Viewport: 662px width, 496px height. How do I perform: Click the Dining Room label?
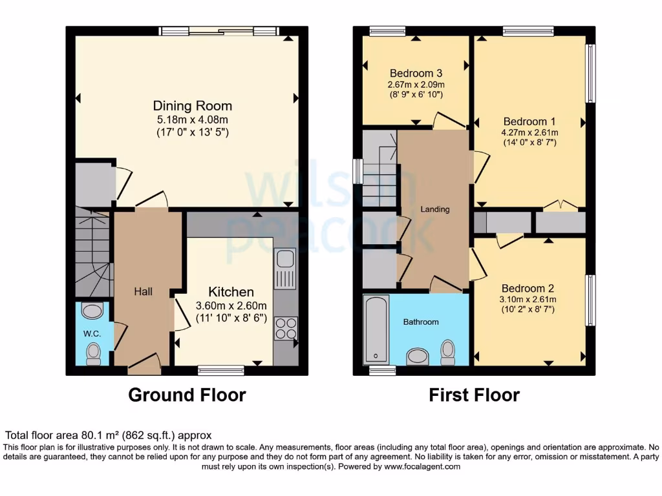point(192,106)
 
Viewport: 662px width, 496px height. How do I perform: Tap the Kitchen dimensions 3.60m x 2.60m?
point(231,306)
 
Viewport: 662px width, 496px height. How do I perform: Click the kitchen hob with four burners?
point(285,328)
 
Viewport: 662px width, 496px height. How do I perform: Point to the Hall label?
point(143,292)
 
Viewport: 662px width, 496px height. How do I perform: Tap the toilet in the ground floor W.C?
point(94,352)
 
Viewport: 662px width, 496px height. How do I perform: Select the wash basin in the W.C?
point(93,311)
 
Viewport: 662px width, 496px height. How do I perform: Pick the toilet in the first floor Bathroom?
point(447,351)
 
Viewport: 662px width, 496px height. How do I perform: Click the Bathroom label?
point(421,322)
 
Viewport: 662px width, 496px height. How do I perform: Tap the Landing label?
point(434,209)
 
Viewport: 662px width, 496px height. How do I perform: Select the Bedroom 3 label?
point(416,73)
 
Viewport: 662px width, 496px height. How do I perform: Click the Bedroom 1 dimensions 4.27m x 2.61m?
point(529,133)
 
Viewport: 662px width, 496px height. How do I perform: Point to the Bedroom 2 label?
point(529,288)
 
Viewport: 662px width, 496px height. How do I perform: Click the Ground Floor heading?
point(187,395)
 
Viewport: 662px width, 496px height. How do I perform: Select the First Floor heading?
point(474,395)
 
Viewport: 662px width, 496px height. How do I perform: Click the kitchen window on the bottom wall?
point(220,370)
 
